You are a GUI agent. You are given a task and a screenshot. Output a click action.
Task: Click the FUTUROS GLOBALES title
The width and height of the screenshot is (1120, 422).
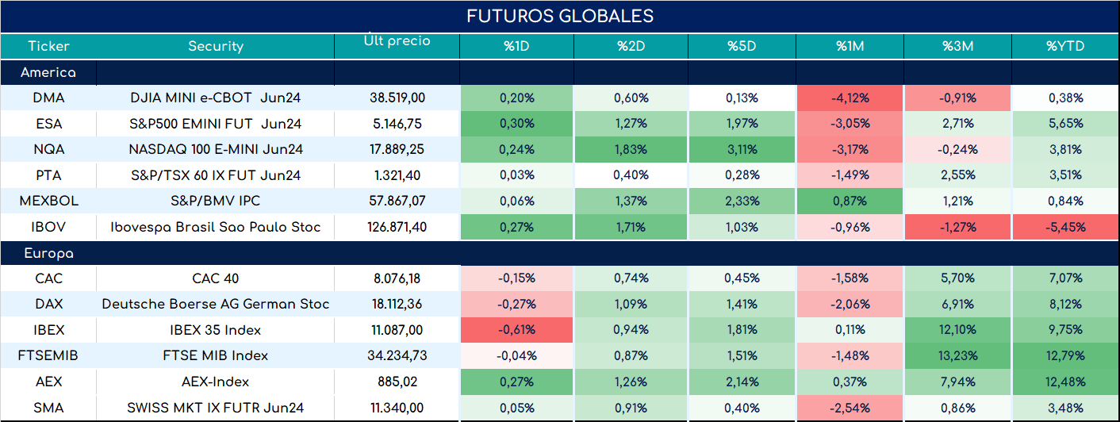560,16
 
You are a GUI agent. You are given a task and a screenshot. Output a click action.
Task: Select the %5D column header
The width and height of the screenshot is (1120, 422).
742,46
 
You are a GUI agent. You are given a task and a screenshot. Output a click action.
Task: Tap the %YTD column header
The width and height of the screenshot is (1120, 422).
1065,46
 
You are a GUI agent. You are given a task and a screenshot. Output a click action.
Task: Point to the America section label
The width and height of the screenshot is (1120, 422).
48,72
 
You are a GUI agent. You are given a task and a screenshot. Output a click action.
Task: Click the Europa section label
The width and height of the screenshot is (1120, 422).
49,254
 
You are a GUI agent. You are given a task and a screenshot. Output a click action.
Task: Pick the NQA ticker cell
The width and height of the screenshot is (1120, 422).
49,149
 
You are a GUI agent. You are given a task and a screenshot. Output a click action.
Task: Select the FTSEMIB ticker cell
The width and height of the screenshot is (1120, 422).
48,355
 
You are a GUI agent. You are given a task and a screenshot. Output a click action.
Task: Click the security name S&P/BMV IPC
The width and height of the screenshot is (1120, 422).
216,201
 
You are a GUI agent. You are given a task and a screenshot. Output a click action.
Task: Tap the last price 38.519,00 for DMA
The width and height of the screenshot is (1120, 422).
397,98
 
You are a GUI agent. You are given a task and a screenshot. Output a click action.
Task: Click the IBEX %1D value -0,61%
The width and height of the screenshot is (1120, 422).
516,330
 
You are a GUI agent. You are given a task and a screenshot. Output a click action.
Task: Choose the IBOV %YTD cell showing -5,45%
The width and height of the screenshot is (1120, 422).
1065,227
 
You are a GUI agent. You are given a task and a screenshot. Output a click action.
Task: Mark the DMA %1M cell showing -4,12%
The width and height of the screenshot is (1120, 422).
850,98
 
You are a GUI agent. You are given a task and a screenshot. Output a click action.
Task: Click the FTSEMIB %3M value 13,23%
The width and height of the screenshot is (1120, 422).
958,355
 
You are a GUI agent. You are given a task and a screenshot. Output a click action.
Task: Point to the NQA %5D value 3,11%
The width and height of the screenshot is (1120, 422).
742,149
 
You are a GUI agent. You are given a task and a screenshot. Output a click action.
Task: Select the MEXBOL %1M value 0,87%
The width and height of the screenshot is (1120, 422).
850,201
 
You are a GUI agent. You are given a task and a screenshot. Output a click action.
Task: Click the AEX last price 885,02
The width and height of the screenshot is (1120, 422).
397,382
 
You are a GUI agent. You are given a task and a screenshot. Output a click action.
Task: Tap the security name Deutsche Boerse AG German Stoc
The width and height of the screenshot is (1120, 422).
216,304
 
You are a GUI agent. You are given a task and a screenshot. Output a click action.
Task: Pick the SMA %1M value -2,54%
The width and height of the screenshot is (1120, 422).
850,408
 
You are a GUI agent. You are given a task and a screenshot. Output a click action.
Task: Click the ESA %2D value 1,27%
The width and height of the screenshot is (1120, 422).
631,124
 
